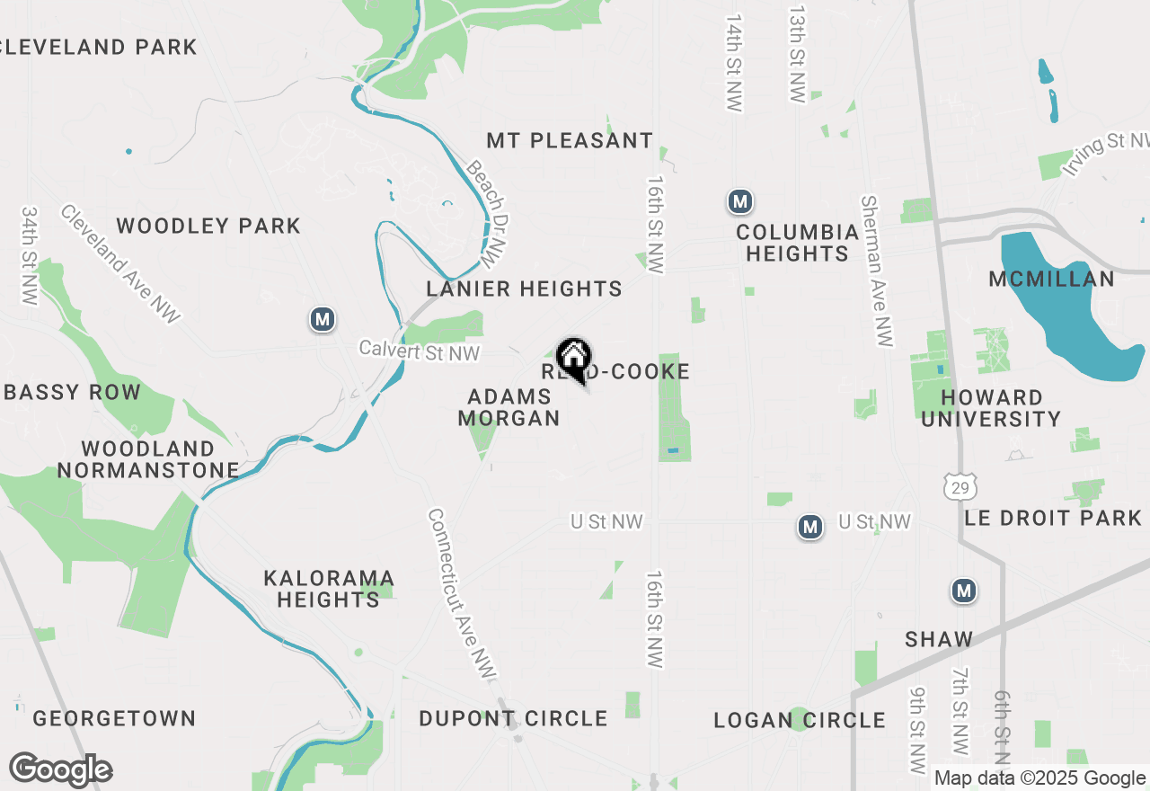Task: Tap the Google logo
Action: [x=60, y=770]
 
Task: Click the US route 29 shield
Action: [x=960, y=487]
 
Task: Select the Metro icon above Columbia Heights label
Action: [x=739, y=201]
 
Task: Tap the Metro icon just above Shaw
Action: [x=964, y=591]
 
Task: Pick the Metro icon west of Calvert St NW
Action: [x=323, y=319]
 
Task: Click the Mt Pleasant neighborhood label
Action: [x=570, y=141]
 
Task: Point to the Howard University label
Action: [x=991, y=408]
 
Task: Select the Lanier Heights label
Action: [x=524, y=289]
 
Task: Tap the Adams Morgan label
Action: [x=509, y=407]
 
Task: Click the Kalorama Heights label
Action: [x=329, y=589]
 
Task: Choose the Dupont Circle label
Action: [x=513, y=719]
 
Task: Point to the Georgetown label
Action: [x=114, y=719]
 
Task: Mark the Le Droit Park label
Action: [x=1053, y=519]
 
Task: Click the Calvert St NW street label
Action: [x=420, y=351]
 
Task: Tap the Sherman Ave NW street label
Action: [x=877, y=271]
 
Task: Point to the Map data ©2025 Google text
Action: [x=1040, y=778]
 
